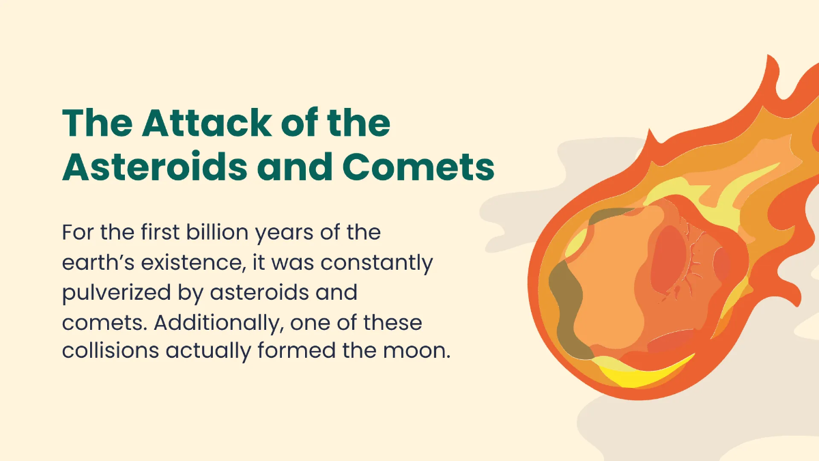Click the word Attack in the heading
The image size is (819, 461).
coord(207,122)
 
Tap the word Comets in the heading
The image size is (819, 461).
coord(418,167)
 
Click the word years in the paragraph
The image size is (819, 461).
coord(284,234)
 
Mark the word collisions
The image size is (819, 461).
coord(111,350)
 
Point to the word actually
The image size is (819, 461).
coord(208,352)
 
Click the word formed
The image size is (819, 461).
coord(296,350)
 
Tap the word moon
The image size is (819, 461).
coord(416,351)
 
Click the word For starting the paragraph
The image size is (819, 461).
coord(78,232)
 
